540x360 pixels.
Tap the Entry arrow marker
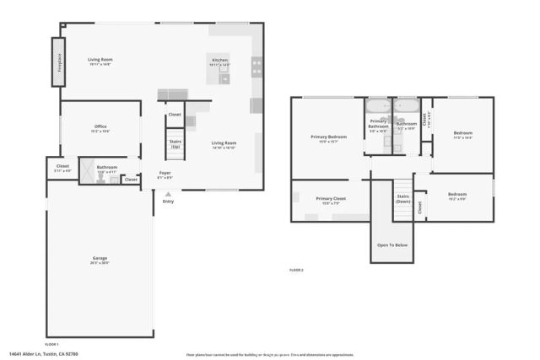tap(167, 193)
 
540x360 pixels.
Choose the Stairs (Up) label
tap(175, 144)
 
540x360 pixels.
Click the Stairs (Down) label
tap(403, 199)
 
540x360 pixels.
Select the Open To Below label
tap(393, 244)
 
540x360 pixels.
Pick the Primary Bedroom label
tap(329, 138)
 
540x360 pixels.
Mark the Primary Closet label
tap(331, 200)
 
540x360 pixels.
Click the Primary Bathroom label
tap(378, 125)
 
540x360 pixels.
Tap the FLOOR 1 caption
tap(51, 344)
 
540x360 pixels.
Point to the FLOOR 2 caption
tap(296, 270)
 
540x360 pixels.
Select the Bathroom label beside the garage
tap(106, 168)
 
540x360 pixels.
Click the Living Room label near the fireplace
tap(100, 60)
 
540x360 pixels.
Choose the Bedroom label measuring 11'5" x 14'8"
tap(463, 133)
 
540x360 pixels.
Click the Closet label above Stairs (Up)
tap(175, 114)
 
